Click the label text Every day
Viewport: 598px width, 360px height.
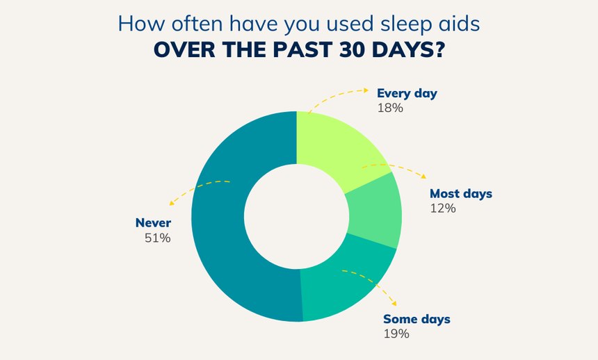click(407, 94)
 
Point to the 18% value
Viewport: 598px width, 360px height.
click(390, 108)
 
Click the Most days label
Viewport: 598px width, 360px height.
click(461, 194)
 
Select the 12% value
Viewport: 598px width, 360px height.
click(443, 208)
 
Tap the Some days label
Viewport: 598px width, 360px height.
click(417, 319)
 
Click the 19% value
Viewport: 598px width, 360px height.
click(396, 334)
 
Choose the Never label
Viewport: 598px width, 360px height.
click(153, 222)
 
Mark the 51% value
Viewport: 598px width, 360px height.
click(158, 238)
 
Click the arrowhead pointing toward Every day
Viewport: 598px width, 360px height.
click(366, 90)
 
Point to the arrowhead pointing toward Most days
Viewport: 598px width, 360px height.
click(423, 177)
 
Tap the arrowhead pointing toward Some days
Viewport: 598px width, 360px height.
click(394, 303)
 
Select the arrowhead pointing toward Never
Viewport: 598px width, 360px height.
click(172, 203)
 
